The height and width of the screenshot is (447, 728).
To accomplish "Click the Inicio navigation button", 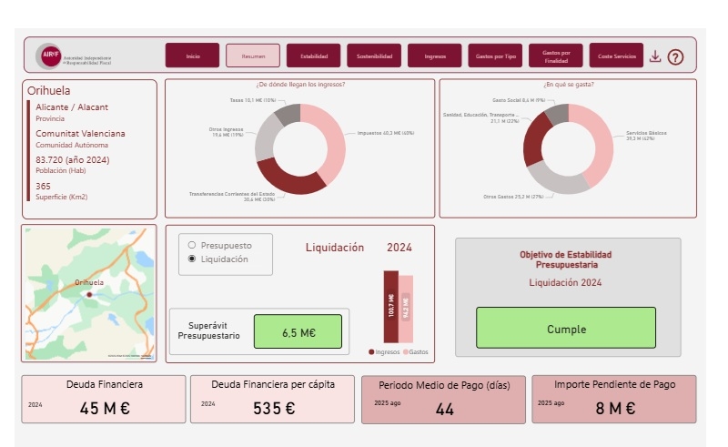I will point(192,56).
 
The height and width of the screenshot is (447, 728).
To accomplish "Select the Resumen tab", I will point(253,56).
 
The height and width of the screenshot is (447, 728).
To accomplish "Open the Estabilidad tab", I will point(314,56).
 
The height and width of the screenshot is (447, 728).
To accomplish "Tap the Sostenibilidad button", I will point(374,56).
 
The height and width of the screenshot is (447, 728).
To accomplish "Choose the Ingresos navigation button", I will point(435,56).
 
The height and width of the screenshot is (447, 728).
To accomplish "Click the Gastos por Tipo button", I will point(496,56).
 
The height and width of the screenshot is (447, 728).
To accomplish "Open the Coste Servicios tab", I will point(616,56).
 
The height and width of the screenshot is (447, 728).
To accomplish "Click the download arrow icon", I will point(655,56).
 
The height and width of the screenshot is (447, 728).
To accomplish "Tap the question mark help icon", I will point(675,56).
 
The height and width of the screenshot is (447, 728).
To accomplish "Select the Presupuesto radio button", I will point(191,245).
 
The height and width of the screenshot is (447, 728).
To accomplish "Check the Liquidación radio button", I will point(191,259).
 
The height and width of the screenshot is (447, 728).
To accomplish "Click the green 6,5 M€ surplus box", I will point(298,332).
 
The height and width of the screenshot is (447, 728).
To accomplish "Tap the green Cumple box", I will point(565,329).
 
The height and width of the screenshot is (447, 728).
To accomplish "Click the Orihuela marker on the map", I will point(89,294).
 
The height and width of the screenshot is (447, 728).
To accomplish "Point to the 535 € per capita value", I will point(274,409).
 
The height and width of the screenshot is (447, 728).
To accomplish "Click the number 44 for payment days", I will point(444,410).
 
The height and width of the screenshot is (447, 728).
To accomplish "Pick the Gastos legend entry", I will point(418,351).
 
